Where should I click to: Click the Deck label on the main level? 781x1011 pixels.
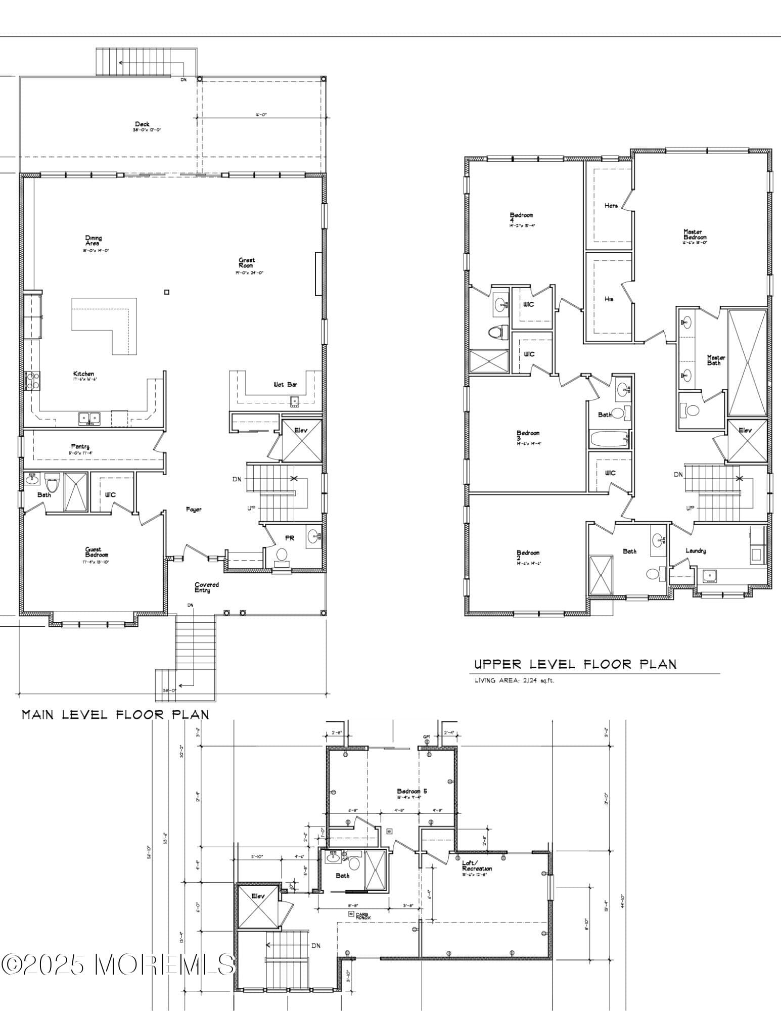click(x=142, y=124)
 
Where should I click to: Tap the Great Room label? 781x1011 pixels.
click(x=247, y=263)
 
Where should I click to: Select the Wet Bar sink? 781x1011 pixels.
click(x=295, y=401)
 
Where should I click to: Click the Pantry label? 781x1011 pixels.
click(x=80, y=446)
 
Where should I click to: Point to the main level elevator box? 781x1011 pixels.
click(x=301, y=441)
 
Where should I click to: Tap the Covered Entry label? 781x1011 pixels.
click(x=207, y=587)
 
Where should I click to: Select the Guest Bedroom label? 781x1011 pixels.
click(x=94, y=552)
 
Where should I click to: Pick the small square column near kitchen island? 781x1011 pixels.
click(x=167, y=292)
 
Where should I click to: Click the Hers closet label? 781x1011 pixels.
click(x=611, y=206)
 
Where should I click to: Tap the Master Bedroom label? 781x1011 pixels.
click(x=695, y=235)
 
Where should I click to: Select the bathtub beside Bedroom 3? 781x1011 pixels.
click(x=609, y=438)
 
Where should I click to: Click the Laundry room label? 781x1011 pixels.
click(x=696, y=551)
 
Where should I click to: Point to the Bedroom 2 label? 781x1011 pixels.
click(x=528, y=553)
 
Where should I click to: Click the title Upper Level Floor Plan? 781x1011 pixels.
click(x=575, y=664)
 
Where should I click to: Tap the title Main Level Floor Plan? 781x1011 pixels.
click(x=115, y=714)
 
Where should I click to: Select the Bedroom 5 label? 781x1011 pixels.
click(x=412, y=791)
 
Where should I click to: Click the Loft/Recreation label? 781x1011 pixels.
click(x=477, y=866)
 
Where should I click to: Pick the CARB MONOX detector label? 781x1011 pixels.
click(x=360, y=915)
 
